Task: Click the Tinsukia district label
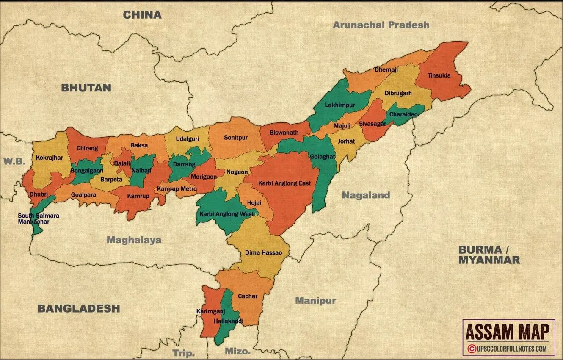click(x=439, y=76)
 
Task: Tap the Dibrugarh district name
click(x=398, y=94)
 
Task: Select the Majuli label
click(x=342, y=126)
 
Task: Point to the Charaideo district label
click(x=403, y=115)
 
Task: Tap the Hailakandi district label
click(x=229, y=321)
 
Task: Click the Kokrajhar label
click(x=50, y=158)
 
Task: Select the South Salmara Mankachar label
click(x=39, y=219)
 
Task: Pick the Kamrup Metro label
click(x=177, y=188)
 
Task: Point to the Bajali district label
click(x=122, y=163)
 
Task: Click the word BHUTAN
click(x=86, y=88)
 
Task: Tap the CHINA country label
click(x=142, y=15)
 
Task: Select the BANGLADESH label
click(x=79, y=308)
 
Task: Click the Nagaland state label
click(x=366, y=195)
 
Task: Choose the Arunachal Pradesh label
click(x=381, y=25)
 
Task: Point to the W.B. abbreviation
click(x=15, y=161)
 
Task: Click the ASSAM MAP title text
click(x=508, y=331)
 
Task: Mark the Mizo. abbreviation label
click(x=238, y=352)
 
